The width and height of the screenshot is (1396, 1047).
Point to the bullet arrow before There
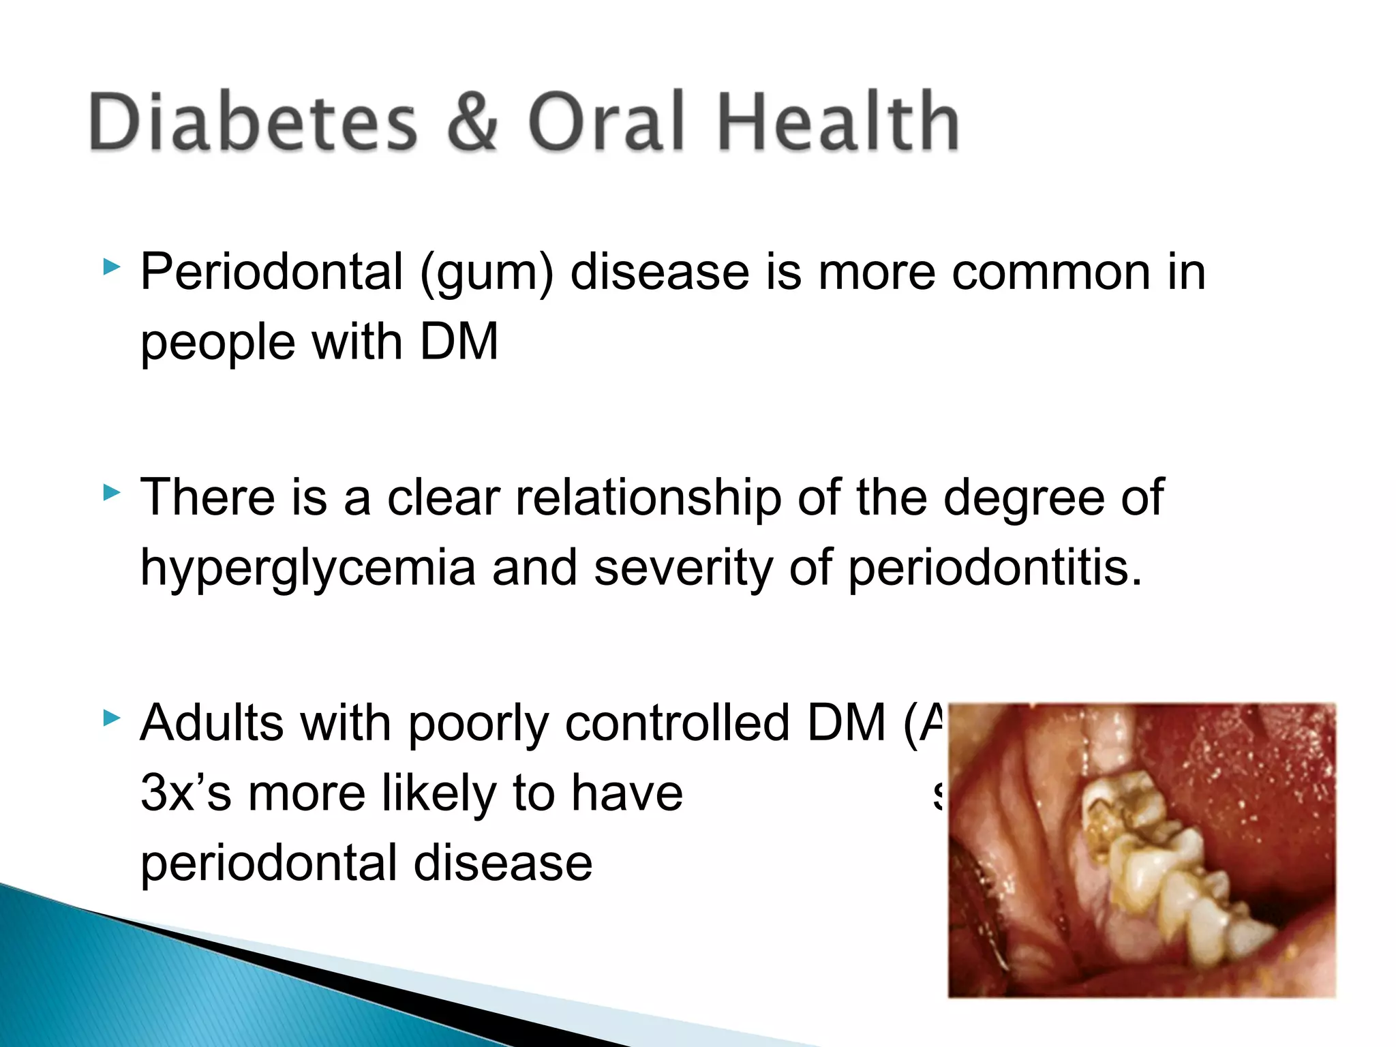coord(111,492)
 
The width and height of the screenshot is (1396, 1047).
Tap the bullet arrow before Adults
coord(111,717)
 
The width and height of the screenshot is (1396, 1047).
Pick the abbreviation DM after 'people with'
coord(459,342)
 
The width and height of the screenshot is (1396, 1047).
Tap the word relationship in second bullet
coord(648,498)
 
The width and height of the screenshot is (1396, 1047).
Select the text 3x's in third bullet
coord(185,793)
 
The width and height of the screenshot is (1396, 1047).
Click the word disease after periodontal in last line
coord(503,864)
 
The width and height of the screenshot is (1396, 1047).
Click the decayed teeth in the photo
coord(1152,859)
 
